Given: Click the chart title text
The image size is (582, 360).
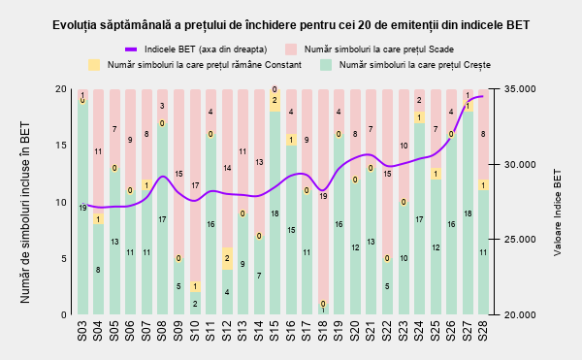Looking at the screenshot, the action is (291, 25).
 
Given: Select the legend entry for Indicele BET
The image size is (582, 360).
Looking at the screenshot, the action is (196, 49).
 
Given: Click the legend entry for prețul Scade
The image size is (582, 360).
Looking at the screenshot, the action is (370, 49).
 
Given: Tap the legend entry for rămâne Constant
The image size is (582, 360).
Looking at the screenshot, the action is (195, 65).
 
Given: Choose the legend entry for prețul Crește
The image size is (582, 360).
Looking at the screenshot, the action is (404, 65).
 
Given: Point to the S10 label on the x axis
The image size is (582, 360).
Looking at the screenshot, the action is (195, 331).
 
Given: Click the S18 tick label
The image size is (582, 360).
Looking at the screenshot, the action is (323, 331).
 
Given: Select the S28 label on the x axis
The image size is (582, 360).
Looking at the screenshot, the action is (483, 331).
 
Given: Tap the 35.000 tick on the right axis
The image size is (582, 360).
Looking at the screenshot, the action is (520, 89).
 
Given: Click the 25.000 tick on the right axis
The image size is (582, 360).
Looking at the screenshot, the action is (520, 240).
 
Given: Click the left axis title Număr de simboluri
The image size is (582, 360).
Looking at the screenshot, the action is (25, 213).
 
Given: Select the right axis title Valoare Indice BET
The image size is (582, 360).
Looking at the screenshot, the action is (558, 213).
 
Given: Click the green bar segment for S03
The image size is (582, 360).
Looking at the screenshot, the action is (82, 208).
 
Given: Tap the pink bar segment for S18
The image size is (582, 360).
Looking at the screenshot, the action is (323, 196).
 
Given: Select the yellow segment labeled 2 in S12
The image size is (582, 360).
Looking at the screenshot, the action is (227, 258).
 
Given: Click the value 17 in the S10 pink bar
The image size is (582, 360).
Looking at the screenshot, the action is (195, 185).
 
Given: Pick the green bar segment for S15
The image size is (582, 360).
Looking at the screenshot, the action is (275, 213).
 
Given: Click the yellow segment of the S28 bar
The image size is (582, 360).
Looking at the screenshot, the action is (483, 184).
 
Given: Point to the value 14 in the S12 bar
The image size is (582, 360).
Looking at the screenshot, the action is (227, 168).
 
